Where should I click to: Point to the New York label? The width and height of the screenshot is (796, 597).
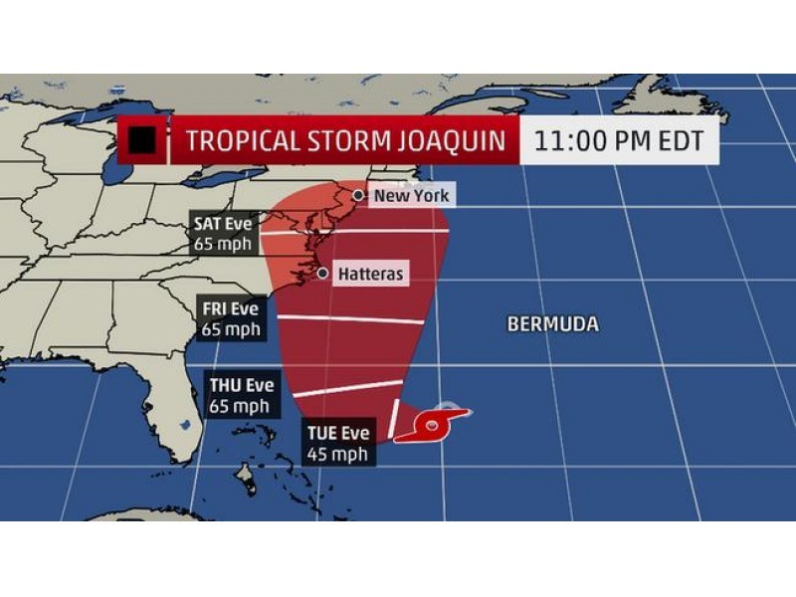(x=411, y=196)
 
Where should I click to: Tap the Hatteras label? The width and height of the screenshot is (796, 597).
(x=371, y=273)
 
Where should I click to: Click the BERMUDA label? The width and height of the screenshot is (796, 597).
(x=552, y=324)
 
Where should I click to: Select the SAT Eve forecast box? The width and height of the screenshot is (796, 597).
(x=225, y=233)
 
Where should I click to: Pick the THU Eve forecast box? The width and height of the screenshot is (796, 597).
(x=239, y=395)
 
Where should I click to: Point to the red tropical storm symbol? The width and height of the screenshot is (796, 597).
(x=434, y=427)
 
